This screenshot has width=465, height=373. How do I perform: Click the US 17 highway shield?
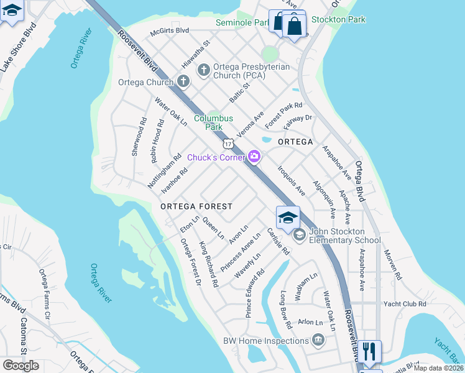pyautogui.click(x=229, y=144)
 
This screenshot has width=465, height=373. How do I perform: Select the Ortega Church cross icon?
pyautogui.click(x=183, y=81)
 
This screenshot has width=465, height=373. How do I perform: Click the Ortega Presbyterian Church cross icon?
pyautogui.click(x=203, y=70)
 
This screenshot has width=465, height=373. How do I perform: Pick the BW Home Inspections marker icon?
pyautogui.click(x=318, y=340)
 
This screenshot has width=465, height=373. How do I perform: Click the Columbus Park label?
pyautogui.click(x=213, y=122)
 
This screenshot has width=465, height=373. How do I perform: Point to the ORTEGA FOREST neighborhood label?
pyautogui.click(x=196, y=206)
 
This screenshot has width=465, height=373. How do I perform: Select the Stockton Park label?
pyautogui.click(x=338, y=20)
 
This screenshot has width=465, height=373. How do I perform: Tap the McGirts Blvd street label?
pyautogui.click(x=170, y=30)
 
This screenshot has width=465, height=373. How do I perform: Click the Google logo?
pyautogui.click(x=21, y=365)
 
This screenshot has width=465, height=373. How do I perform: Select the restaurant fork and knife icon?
pyautogui.click(x=369, y=351)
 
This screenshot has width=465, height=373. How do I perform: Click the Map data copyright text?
pyautogui.click(x=438, y=368)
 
